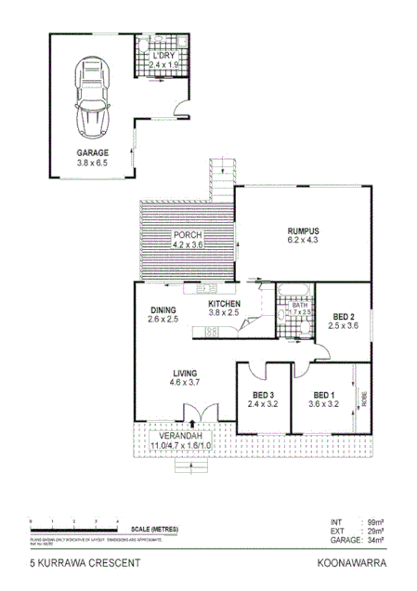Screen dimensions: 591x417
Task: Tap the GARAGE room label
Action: coord(93,151)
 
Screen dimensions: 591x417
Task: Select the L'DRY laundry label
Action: coord(163,55)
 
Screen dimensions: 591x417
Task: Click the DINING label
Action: coord(163,310)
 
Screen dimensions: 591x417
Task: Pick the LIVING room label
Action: coord(184,374)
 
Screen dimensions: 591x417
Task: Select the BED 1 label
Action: coord(324,394)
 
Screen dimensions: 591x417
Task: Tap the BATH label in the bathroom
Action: coord(299,303)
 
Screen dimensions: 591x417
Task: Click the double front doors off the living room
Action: coord(201,414)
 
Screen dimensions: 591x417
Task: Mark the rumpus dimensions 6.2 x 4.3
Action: coord(303,241)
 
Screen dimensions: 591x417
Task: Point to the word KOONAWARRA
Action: coord(351,563)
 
